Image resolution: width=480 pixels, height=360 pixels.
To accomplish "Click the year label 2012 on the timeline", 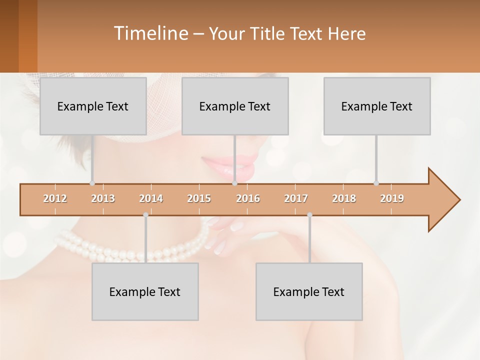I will coord(55,198).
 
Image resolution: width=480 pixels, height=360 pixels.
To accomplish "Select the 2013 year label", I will coord(103,198).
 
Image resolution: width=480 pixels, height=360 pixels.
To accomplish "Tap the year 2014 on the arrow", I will coord(151,198).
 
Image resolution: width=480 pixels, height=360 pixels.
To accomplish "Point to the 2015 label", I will coord(199,198).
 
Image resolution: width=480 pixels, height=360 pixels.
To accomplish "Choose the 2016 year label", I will coord(248,198).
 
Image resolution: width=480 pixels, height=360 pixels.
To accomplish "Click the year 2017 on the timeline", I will coord(296,198).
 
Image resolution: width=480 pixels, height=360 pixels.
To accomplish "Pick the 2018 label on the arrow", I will coord(344,198).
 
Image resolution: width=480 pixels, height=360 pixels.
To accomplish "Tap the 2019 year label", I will coord(392,198).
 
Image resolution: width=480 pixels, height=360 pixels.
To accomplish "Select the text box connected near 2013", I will coord(93,106).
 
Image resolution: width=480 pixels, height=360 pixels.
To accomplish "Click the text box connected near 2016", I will coord(235,106).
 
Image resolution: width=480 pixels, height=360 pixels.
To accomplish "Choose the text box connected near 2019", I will coord(377,106).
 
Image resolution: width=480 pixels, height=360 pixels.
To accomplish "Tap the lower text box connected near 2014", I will coord(145,291).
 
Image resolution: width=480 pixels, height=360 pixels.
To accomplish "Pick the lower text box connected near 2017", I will coord(309,291).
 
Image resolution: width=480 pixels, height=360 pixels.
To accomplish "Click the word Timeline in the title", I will coord(150,33).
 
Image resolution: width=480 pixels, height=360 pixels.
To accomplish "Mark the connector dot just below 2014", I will coord(145,215).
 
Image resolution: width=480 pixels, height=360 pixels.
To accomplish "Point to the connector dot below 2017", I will coord(309,215).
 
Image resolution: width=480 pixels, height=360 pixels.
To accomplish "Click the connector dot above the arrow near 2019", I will coord(376,183).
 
